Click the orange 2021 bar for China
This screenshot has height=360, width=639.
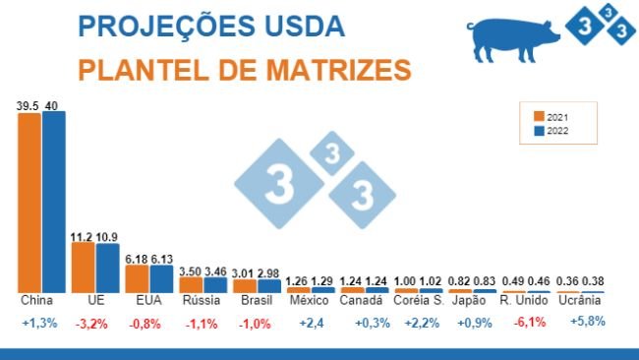[x=29, y=202]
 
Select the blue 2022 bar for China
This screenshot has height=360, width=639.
[x=53, y=201]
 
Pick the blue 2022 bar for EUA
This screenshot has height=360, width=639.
[x=160, y=277]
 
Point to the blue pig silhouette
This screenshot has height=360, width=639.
[x=514, y=38]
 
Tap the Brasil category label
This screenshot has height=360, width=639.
[x=256, y=299]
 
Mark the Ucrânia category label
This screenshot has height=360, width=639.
[x=578, y=299]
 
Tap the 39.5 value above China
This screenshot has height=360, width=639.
[x=28, y=104]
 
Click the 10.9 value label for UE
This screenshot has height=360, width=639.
[x=108, y=237]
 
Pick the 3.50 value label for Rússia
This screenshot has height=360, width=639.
[x=191, y=270]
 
